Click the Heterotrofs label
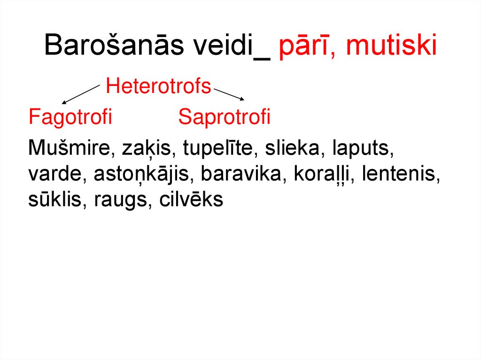[x=158, y=86]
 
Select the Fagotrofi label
[x=70, y=117]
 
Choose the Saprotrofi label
[x=224, y=117]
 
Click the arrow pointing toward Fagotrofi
[x=81, y=94]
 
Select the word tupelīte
[x=219, y=149]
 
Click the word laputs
[x=361, y=149]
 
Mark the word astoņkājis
[x=144, y=175]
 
